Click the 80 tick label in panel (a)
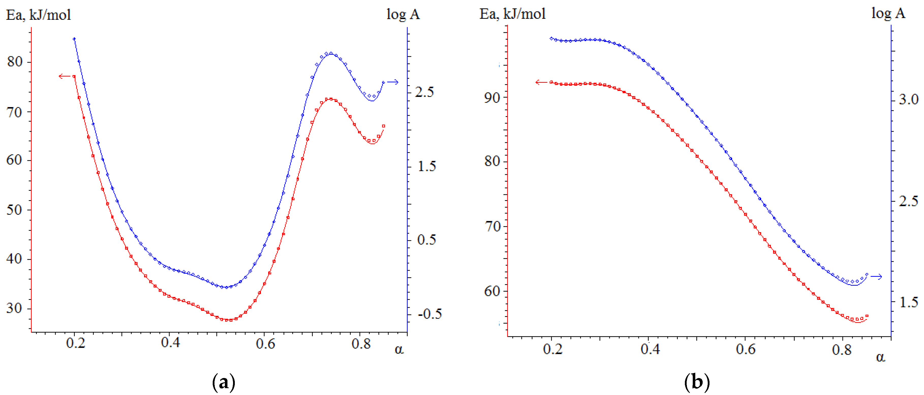coord(15,62)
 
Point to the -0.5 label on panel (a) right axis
coord(430,314)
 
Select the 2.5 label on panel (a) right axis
coord(424,92)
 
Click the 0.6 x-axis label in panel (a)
coord(266,344)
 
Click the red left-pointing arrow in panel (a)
coord(65,76)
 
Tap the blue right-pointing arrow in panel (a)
coord(392,82)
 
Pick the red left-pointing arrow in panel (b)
coord(541,82)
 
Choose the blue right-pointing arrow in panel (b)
coord(876,277)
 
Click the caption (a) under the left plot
coord(224,382)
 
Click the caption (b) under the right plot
coord(697,382)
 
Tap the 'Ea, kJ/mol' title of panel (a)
coord(38,15)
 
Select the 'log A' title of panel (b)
coord(888,14)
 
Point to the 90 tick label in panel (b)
coord(492,97)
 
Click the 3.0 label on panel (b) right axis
coord(908,99)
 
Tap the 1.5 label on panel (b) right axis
coord(908,302)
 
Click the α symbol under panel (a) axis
coord(399,349)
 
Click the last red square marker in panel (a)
coord(383,126)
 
